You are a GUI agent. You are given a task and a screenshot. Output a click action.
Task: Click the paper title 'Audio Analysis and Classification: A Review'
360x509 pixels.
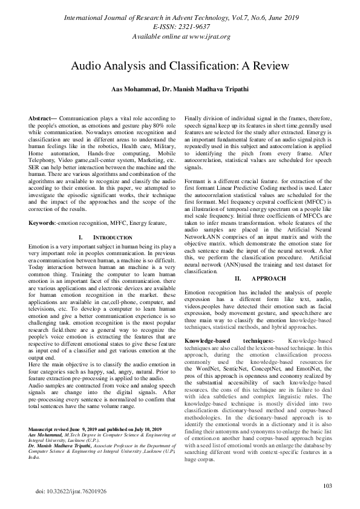pyautogui.click(x=180, y=65)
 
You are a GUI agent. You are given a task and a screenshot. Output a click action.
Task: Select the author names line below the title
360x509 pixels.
pyautogui.click(x=180, y=89)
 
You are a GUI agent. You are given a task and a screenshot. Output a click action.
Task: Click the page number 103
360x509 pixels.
pyautogui.click(x=328, y=485)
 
